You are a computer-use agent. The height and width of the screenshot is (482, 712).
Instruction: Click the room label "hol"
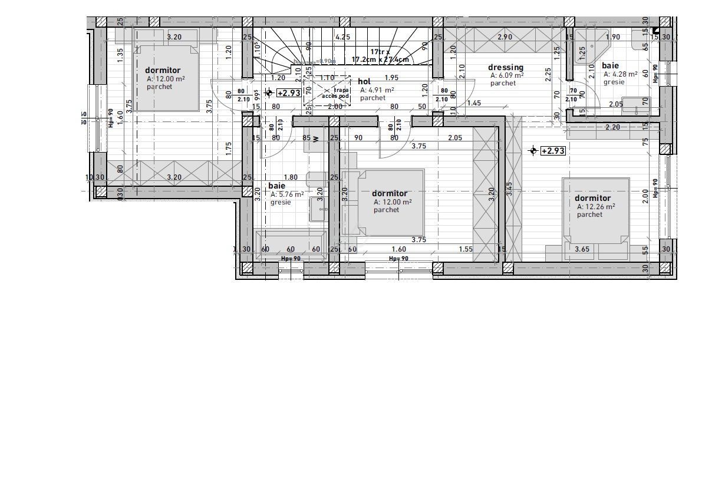coord(364,81)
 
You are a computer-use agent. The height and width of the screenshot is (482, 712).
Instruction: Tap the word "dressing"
coord(505,67)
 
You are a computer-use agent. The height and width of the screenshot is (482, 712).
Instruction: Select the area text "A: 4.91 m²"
coord(377,90)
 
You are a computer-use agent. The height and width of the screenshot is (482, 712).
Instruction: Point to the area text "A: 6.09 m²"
coord(507,75)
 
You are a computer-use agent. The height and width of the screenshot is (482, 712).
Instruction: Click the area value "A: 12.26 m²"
coord(596,207)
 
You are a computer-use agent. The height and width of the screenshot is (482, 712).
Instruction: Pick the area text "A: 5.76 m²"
coord(287,194)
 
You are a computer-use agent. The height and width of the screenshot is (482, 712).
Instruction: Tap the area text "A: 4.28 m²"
coord(620,74)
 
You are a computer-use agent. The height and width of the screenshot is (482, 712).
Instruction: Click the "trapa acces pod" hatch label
coord(335,93)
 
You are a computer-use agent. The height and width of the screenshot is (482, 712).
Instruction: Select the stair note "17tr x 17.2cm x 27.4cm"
coord(380,56)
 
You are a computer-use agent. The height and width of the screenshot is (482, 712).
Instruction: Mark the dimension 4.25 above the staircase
coord(342,37)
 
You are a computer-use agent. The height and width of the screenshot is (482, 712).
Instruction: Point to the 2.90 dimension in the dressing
coord(505,37)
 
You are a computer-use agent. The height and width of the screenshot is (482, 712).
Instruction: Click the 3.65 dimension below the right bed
coord(582,249)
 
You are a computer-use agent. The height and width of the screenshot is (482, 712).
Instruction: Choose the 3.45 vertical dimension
coord(510,189)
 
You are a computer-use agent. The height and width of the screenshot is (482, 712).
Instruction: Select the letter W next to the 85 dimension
coord(316,139)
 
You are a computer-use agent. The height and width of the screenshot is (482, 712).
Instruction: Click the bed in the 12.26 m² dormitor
coord(595,210)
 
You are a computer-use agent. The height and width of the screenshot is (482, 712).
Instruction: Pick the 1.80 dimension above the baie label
coord(291,177)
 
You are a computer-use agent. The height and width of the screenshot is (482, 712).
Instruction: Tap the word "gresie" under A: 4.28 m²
coord(614,82)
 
